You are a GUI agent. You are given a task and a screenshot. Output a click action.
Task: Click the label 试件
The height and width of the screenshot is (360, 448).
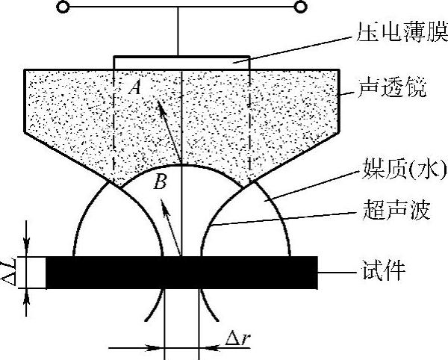click(x=385, y=270)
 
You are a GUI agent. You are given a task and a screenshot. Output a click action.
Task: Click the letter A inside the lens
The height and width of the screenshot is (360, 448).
click(x=134, y=87)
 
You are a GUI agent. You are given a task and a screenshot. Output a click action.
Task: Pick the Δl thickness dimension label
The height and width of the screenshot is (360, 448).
click(x=10, y=272)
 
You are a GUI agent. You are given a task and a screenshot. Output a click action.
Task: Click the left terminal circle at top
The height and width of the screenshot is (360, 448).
click(x=63, y=7)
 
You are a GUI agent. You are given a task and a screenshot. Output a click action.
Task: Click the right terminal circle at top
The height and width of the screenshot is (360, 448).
click(x=301, y=7)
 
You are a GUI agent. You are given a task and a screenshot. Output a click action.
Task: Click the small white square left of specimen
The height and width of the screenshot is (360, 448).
click(x=35, y=272)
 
